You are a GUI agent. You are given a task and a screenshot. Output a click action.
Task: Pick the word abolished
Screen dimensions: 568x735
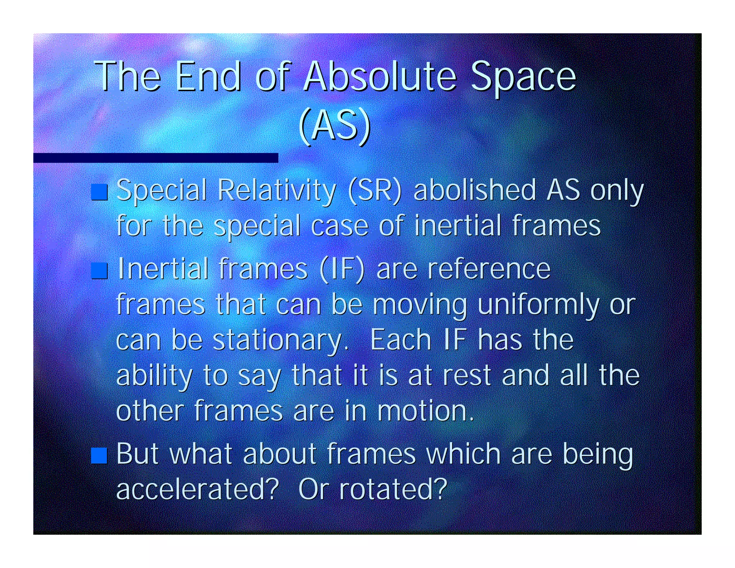click(475, 190)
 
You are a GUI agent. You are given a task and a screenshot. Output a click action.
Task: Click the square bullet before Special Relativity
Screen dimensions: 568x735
click(99, 192)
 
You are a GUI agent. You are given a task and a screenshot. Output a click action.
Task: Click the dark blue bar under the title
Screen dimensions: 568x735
click(155, 158)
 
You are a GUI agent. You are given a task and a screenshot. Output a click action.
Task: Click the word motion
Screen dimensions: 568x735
click(425, 411)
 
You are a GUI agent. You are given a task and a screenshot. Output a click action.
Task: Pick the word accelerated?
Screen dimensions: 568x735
click(197, 489)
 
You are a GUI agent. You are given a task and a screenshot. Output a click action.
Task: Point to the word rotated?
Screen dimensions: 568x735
click(393, 489)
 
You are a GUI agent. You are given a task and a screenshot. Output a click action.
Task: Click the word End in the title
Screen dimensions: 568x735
click(208, 76)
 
